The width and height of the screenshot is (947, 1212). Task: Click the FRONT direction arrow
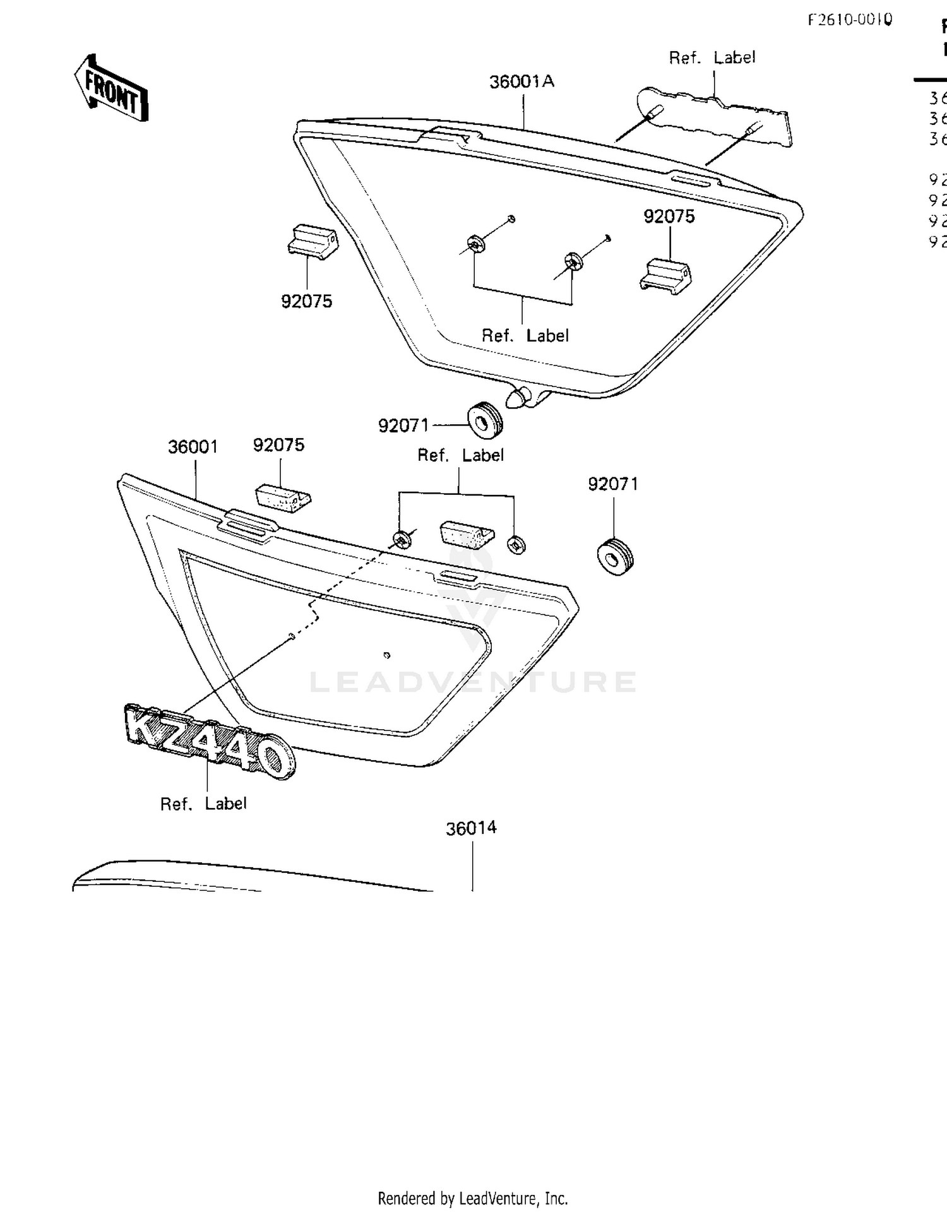point(111,88)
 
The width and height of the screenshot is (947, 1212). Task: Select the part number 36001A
point(521,81)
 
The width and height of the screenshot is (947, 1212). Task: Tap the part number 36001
point(193,447)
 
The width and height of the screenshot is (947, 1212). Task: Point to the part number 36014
point(471,828)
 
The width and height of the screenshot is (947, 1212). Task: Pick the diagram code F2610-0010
point(850,20)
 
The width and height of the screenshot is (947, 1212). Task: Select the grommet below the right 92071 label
point(614,556)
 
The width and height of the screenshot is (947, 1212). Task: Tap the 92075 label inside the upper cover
point(669,217)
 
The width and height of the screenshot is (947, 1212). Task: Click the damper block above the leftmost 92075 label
point(313,242)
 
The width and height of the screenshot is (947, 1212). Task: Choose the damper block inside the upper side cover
point(666,276)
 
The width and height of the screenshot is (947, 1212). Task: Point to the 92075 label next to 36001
point(278,445)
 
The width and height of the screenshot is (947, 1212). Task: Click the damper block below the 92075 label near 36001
point(283,494)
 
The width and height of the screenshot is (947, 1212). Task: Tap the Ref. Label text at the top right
point(712,57)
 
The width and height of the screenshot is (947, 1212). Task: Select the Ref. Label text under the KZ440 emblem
point(203,804)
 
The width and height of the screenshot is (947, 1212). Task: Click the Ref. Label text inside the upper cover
point(525,336)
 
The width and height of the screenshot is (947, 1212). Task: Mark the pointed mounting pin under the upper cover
point(518,398)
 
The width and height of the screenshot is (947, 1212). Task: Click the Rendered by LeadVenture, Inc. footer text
point(472,1198)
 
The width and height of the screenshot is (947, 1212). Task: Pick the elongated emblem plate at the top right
point(713,117)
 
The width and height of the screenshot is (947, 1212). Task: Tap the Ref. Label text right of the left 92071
point(460,455)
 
